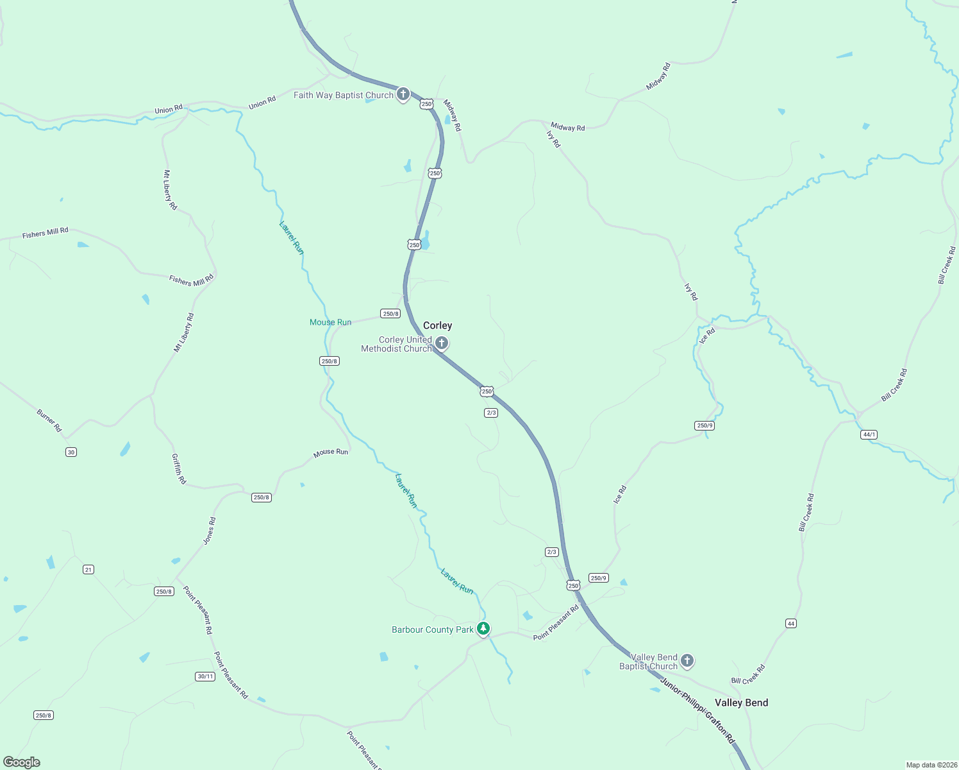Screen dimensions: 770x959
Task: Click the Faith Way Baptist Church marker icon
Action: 403,95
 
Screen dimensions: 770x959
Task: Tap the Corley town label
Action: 438,326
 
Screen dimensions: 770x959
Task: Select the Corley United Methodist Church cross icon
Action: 442,343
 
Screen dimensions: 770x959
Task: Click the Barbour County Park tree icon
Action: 484,629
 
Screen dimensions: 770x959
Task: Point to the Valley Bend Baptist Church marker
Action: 687,660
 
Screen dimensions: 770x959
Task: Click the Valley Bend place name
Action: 742,703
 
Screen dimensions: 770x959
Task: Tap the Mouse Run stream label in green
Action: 330,323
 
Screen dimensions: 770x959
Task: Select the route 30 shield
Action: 71,452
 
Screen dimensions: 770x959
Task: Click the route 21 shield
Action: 88,570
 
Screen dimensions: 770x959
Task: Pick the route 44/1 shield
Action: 869,435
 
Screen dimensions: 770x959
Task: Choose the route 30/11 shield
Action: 205,676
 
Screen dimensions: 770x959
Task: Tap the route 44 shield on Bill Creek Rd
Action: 791,624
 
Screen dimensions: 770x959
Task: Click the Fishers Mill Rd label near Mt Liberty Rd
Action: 191,280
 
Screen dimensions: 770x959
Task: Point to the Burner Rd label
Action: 49,421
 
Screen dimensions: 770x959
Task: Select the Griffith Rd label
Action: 179,469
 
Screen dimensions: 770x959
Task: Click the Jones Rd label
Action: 210,531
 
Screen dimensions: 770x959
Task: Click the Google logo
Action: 22,762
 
